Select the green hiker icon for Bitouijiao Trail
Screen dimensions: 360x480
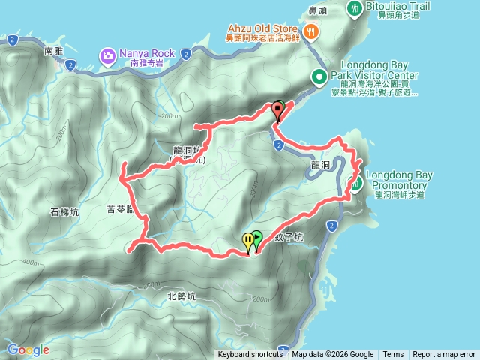[355, 7]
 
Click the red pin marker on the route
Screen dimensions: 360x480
[278, 111]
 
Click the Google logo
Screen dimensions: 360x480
[28, 349]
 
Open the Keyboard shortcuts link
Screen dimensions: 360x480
[250, 355]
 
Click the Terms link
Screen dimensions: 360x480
[393, 355]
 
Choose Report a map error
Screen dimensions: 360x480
[444, 355]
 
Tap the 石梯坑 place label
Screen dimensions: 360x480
[64, 212]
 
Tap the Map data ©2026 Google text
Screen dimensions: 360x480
[333, 355]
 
